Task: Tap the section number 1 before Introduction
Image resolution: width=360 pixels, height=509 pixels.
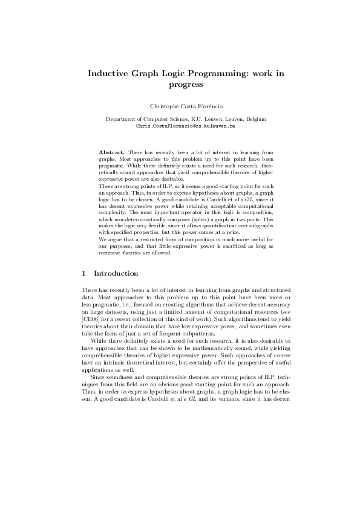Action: (x=85, y=274)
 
